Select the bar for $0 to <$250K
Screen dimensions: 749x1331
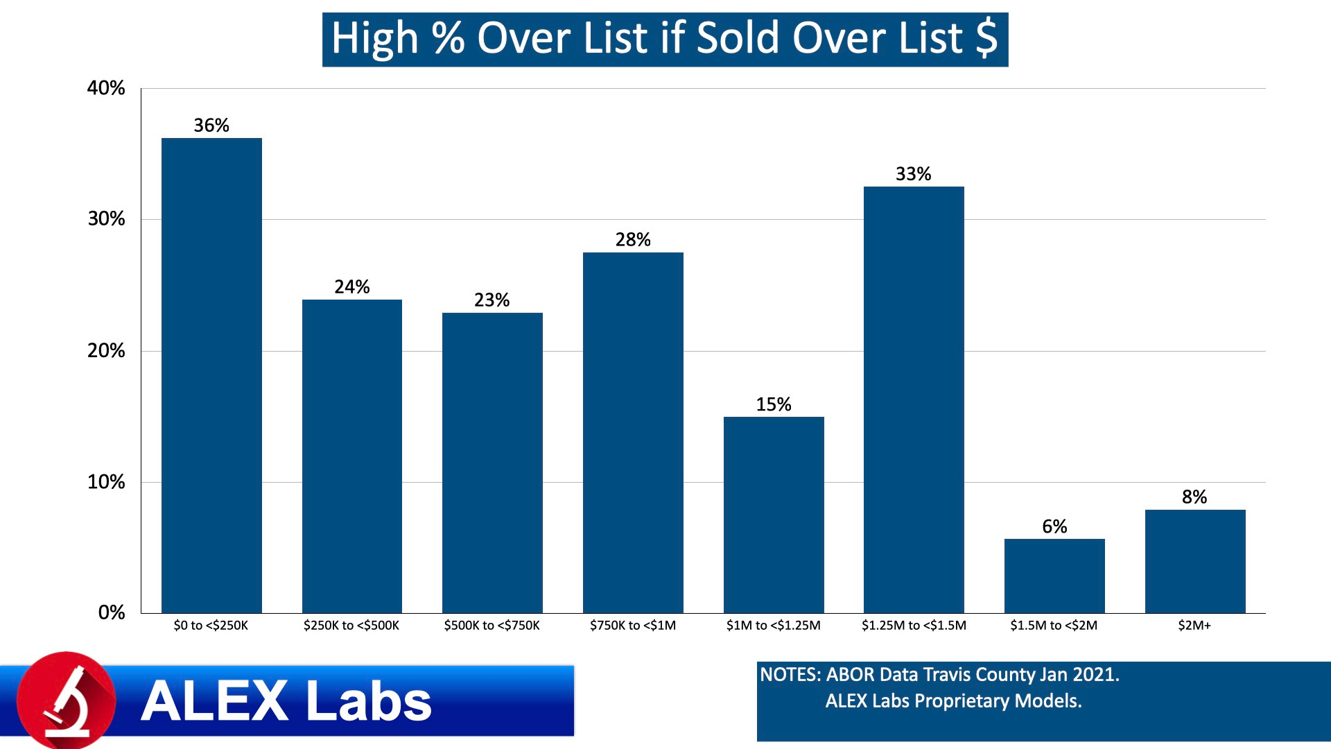point(211,374)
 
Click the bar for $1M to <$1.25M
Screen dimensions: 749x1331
point(774,515)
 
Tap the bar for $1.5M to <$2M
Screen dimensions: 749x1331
point(1054,576)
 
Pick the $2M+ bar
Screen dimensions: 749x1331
point(1195,561)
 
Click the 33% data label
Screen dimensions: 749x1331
point(913,174)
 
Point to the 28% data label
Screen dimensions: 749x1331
point(633,240)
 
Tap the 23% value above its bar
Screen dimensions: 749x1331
point(491,300)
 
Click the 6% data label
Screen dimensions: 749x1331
point(1054,527)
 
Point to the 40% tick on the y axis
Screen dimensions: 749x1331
point(106,88)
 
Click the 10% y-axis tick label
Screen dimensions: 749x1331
point(106,482)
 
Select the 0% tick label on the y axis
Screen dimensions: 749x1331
point(112,612)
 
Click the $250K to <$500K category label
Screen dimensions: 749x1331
point(351,626)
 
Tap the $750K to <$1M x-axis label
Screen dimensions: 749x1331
point(633,626)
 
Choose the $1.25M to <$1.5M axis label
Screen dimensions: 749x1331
point(914,626)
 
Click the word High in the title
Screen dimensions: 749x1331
point(374,39)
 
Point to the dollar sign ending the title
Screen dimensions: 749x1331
point(986,39)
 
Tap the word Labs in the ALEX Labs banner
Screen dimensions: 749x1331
point(368,701)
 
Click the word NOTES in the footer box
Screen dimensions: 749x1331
point(790,675)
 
